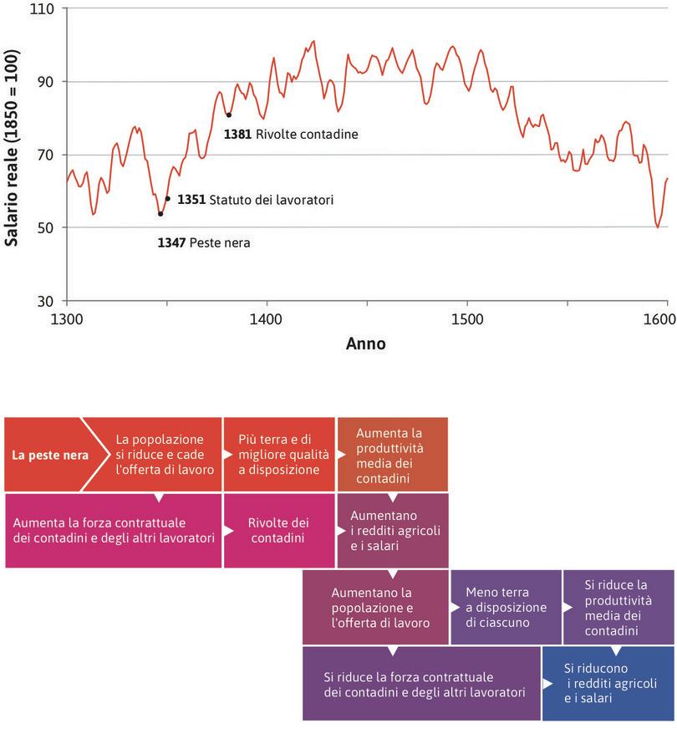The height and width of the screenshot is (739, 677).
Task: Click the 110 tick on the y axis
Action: [x=43, y=9]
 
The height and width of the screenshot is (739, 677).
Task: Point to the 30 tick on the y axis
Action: [x=46, y=301]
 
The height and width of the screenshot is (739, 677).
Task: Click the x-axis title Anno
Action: [x=365, y=343]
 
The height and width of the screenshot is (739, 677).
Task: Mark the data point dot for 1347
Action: [x=160, y=214]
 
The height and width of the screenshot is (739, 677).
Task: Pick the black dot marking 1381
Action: [x=228, y=115]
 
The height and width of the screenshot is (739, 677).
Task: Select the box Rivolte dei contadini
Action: [x=277, y=530]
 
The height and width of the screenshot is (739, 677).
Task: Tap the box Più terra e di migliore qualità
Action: [x=277, y=455]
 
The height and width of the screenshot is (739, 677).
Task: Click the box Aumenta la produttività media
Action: [x=391, y=455]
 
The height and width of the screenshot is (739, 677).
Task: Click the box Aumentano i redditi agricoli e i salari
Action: [x=391, y=530]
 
